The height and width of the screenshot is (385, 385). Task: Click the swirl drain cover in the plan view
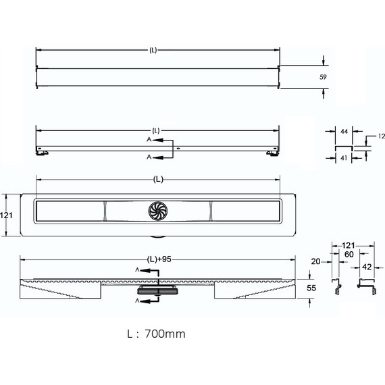pos(158,211)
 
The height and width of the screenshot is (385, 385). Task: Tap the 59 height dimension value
pos(323,77)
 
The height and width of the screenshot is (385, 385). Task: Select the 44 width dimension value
pos(344,132)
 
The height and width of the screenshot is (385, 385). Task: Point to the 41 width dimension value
pos(344,158)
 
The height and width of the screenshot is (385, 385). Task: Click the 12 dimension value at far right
pos(382,136)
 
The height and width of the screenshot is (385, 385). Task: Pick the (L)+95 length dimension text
pos(159,259)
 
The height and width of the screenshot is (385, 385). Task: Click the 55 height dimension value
pos(311,288)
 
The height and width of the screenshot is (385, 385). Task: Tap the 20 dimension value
pos(315,262)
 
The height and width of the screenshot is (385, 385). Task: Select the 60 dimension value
pos(349,255)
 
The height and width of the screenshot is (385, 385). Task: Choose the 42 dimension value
pos(367,267)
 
